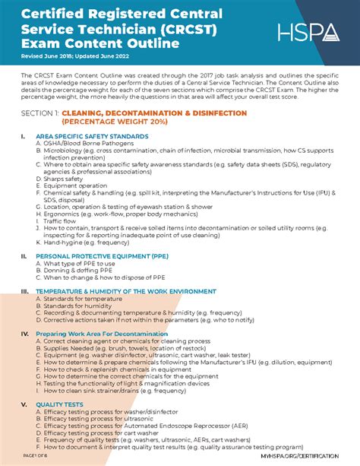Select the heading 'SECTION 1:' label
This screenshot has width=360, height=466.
tap(41, 113)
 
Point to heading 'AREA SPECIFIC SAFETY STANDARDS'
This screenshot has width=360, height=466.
tap(92, 136)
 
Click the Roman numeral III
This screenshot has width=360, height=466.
tap(25, 291)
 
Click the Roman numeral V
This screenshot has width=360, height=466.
tap(24, 404)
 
